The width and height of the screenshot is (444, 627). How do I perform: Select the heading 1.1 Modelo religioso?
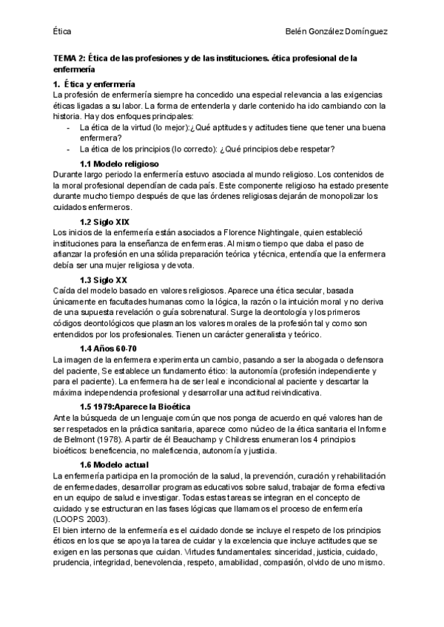[x=118, y=163]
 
